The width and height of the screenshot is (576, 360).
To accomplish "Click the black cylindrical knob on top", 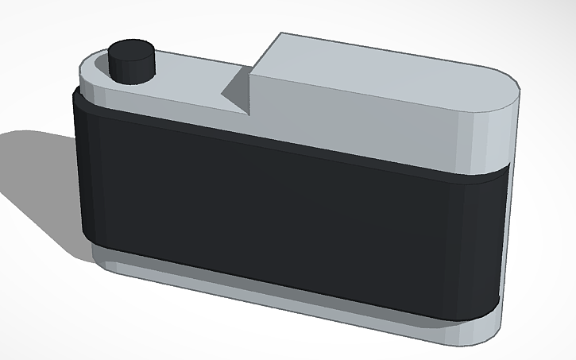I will [131, 61].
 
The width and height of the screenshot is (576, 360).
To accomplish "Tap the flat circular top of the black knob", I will [131, 50].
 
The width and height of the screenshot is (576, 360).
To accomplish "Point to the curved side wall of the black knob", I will [131, 70].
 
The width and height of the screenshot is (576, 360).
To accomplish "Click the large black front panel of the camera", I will [286, 215].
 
